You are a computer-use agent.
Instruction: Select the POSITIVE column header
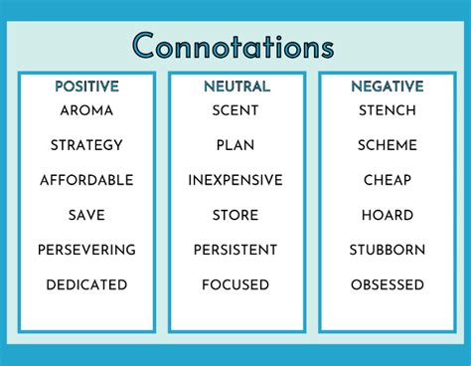86,88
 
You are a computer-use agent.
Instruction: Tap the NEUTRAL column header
236,88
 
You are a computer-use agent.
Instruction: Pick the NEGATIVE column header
388,88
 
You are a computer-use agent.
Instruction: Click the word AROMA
86,110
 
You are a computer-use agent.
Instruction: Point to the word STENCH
388,110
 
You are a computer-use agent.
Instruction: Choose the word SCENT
235,110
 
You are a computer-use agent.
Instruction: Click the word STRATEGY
86,145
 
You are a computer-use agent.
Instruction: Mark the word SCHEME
388,145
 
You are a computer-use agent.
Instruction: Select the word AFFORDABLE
86,180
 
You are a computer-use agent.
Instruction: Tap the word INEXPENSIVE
235,180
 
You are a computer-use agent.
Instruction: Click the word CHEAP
388,180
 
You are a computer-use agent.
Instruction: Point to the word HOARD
388,215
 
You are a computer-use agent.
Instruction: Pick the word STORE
235,215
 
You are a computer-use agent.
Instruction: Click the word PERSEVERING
86,250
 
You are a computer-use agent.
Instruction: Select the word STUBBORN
388,250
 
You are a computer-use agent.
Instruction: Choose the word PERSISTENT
235,250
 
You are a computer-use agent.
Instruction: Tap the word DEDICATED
86,284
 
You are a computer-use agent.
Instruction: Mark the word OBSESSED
388,284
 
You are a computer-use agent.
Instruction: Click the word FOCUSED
235,284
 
